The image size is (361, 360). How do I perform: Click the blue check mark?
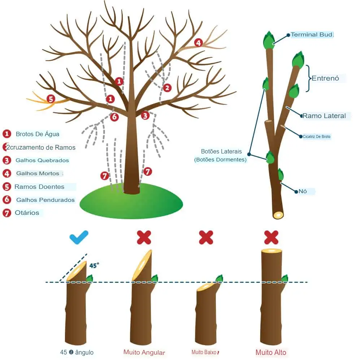[79, 238]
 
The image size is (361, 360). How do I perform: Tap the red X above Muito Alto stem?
[271, 238]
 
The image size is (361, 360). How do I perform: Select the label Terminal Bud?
[312, 35]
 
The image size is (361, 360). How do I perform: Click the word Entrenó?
[325, 78]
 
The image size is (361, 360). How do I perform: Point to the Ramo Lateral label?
[324, 116]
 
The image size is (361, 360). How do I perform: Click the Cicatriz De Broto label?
[317, 136]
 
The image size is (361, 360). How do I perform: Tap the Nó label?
[303, 191]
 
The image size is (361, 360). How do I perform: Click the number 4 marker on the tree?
[198, 43]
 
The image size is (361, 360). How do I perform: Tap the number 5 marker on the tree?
[51, 99]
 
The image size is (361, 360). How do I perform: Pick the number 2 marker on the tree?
[167, 88]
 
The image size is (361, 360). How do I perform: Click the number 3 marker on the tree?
[145, 116]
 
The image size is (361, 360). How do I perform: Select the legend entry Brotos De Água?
[37, 134]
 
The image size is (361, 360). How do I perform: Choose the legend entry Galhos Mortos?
[38, 173]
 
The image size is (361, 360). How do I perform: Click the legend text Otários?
[27, 213]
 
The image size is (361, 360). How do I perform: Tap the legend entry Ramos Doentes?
[39, 187]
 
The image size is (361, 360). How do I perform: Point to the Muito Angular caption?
[144, 352]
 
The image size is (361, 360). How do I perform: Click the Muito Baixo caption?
[205, 352]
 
